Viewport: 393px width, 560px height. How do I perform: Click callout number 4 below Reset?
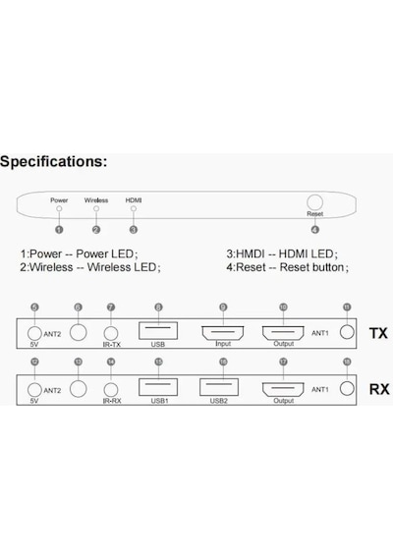click(314, 230)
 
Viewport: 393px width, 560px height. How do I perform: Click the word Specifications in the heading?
click(52, 161)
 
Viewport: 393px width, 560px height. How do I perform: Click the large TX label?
click(378, 333)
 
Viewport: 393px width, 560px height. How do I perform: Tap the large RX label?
click(379, 389)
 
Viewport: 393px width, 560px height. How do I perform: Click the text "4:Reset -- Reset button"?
click(287, 267)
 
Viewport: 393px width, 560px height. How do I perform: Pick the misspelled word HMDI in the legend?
click(251, 253)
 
